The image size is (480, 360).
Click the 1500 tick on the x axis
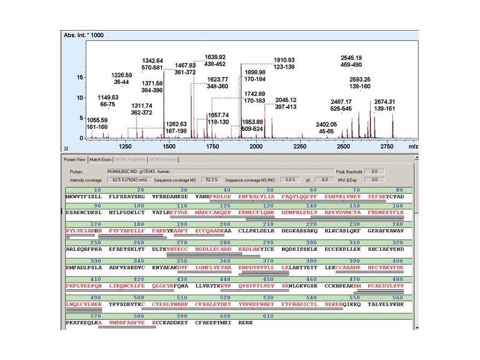click(169, 146)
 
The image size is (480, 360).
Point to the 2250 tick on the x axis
click(300, 146)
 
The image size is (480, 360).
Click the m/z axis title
click(413, 146)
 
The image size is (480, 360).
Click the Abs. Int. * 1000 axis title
click(83, 35)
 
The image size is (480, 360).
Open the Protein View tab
click(75, 160)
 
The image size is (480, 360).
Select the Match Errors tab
click(100, 160)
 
